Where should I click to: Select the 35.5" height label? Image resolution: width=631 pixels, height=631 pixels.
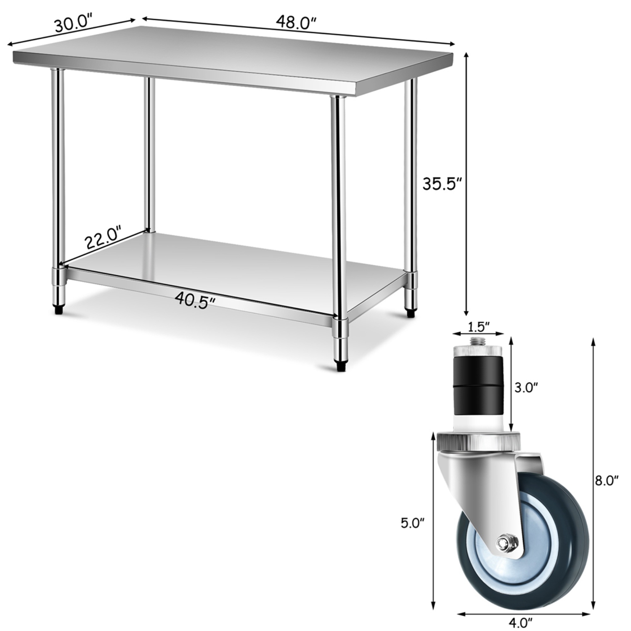[x=442, y=184]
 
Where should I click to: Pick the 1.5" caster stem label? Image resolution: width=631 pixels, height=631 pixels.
[x=478, y=326]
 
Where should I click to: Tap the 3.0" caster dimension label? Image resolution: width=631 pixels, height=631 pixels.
[x=526, y=387]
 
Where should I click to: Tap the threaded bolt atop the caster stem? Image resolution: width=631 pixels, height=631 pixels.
[x=478, y=341]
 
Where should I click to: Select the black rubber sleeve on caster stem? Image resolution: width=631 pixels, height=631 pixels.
[x=478, y=385]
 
